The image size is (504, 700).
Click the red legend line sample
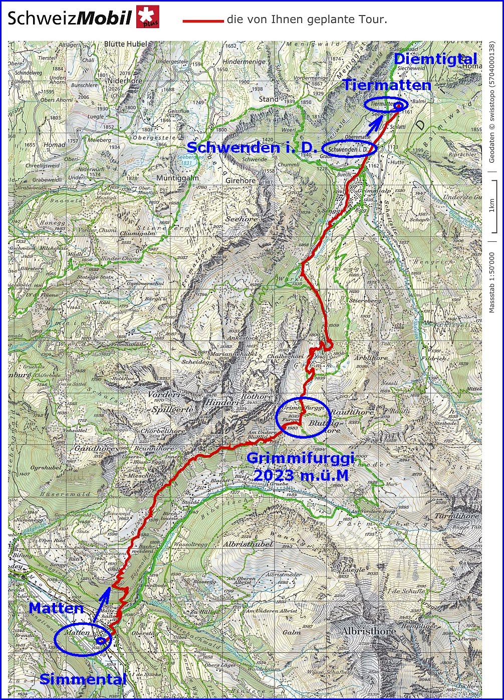(x=203, y=21)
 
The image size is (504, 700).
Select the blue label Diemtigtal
(x=435, y=59)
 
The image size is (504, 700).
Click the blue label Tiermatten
(x=386, y=85)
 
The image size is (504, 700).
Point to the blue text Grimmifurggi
(x=300, y=458)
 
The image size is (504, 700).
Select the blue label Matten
(x=56, y=608)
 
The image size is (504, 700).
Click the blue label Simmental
(x=83, y=679)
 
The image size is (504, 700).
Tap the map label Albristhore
(x=368, y=631)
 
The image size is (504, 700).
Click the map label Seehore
(x=242, y=219)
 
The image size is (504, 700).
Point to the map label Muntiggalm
(x=177, y=178)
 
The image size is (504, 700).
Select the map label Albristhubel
(x=248, y=544)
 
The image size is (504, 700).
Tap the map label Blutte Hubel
(x=126, y=44)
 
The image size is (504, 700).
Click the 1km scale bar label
(x=492, y=205)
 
